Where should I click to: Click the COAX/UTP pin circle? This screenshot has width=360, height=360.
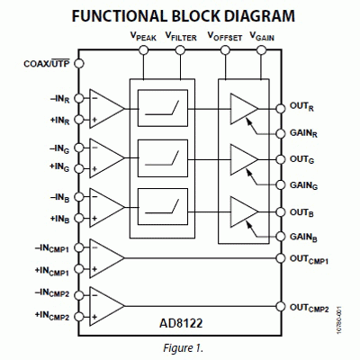(x=79, y=64)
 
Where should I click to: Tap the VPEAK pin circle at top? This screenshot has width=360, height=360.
(x=144, y=50)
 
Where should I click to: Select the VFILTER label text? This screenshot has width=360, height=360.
(x=181, y=37)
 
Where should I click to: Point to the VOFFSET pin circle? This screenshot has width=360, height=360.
(x=225, y=50)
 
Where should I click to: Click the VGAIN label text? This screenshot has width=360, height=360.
(x=262, y=37)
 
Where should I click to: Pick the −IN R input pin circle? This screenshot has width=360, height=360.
(x=79, y=98)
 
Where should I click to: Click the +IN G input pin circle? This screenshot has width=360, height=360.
(x=79, y=168)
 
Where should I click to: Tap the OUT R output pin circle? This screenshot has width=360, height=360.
(x=281, y=108)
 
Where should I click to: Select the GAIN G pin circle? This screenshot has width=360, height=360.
(x=281, y=184)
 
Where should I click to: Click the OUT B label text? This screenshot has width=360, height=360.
(x=301, y=213)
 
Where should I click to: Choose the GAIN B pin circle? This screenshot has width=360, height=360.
(x=281, y=237)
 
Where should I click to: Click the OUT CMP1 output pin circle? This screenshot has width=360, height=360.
(x=281, y=258)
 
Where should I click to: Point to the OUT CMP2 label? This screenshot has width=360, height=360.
(x=310, y=308)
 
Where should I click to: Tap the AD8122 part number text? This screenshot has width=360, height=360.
(x=181, y=323)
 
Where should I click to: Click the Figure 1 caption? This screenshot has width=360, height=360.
(x=184, y=348)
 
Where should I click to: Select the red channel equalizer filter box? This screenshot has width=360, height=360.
(x=163, y=108)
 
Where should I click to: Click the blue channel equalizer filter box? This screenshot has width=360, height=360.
(x=163, y=206)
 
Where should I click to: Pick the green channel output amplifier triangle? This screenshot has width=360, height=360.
(x=244, y=159)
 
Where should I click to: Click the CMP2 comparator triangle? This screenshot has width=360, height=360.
(x=106, y=306)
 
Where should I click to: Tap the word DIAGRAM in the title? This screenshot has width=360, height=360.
(x=253, y=15)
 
